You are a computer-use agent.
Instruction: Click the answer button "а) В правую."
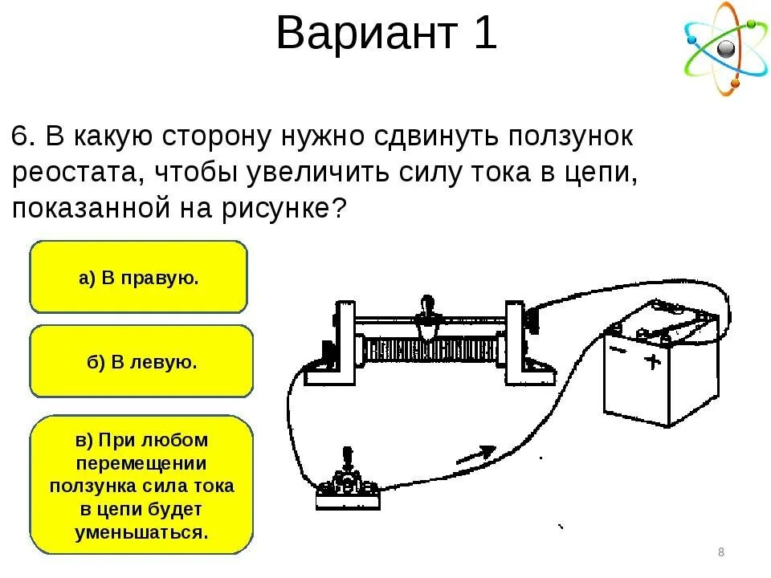tap(138, 278)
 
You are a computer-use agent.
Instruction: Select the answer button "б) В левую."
tap(141, 362)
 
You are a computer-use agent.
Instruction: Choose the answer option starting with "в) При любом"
tap(141, 485)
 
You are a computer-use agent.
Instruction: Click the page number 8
tap(720, 552)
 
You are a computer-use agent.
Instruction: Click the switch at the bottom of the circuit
tap(348, 486)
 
